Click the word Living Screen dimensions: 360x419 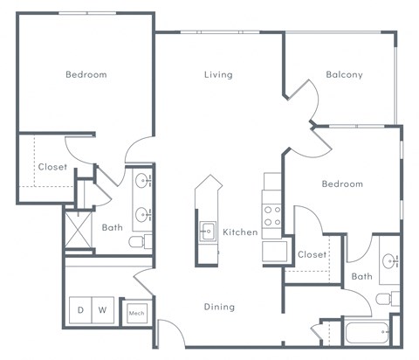[x=218, y=75]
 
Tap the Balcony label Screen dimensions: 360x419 [x=344, y=75]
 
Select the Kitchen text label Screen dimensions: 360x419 [x=240, y=232]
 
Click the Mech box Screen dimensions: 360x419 [x=136, y=312]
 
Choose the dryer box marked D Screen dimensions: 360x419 [x=81, y=310]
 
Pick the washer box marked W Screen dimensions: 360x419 [x=103, y=310]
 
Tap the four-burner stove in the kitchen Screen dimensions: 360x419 [x=272, y=215]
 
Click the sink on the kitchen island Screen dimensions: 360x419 [x=208, y=232]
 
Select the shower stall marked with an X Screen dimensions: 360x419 [x=79, y=228]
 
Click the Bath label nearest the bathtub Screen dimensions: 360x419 [x=361, y=277]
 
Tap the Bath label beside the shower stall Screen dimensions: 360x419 [x=112, y=228]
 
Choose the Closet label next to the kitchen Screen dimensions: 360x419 [x=312, y=255]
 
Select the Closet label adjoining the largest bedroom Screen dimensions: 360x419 [x=52, y=167]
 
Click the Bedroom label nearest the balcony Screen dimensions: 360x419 [x=341, y=184]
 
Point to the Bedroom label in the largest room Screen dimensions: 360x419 [x=86, y=75]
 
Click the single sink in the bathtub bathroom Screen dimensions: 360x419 [x=390, y=261]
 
